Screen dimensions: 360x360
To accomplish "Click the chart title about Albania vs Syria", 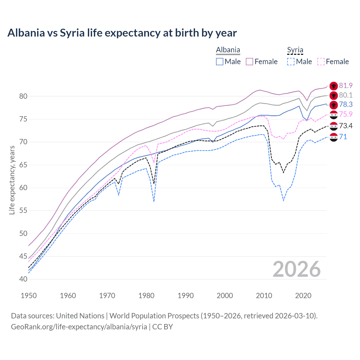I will tap(122, 33).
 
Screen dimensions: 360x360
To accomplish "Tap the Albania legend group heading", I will tap(228, 50).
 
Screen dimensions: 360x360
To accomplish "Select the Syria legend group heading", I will tap(295, 50).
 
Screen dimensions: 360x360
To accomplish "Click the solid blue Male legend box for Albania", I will tap(220, 62).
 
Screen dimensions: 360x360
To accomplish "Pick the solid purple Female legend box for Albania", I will tap(249, 62).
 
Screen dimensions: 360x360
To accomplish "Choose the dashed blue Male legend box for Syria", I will tap(291, 62).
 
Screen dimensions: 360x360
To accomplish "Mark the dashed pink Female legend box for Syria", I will tap(321, 62).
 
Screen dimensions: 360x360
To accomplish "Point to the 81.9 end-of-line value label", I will tap(346, 85).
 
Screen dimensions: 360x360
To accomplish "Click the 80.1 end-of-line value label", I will tap(346, 95).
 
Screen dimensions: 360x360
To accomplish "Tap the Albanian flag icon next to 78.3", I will tap(334, 105).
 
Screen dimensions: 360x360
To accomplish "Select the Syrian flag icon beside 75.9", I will tap(334, 114).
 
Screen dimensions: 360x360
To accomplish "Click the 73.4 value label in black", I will tap(346, 126).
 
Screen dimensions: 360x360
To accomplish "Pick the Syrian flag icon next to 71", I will tap(334, 137).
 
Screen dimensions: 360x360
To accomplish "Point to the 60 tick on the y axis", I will tap(23, 188).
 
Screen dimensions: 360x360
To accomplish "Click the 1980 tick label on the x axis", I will tap(147, 296).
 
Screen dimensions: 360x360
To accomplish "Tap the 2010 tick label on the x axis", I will tap(264, 296).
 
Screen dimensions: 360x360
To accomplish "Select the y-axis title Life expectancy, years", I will tap(12, 180).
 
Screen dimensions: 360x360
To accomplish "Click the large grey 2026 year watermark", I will tap(296, 269).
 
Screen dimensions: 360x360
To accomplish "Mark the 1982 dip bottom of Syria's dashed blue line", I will tap(154, 201).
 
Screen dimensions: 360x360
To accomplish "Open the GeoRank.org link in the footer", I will tap(79, 327).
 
